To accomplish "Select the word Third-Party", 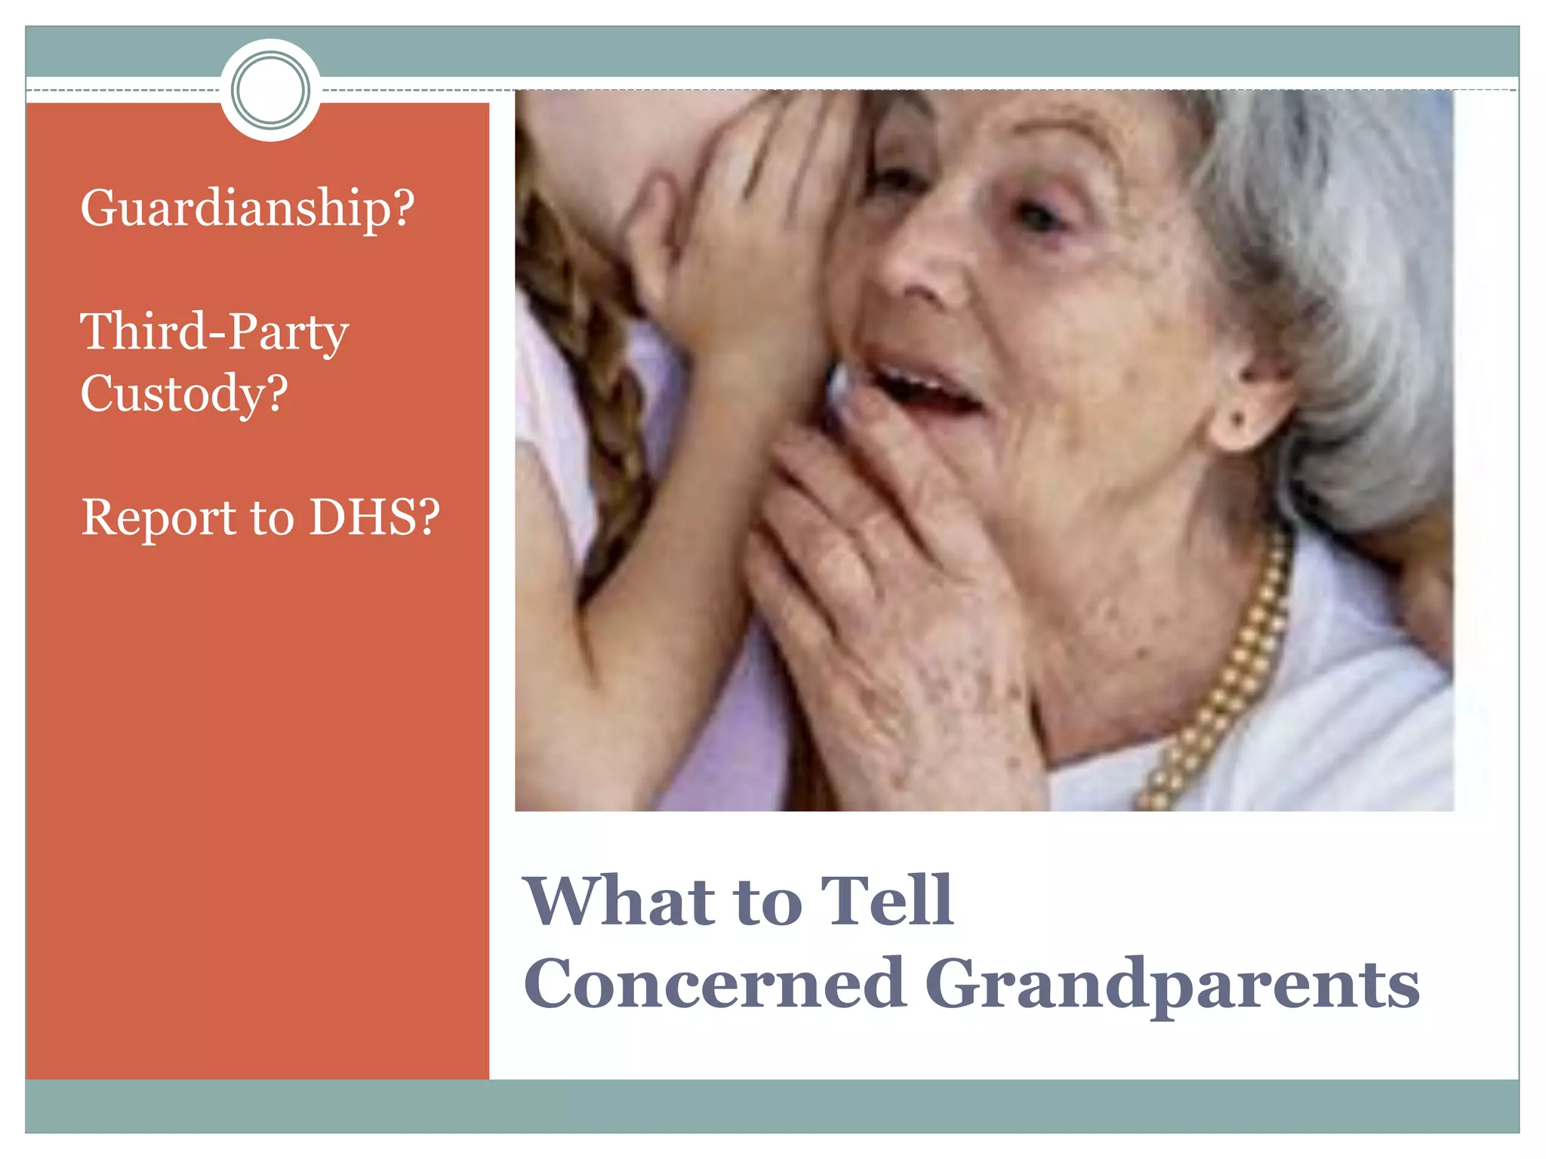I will tap(214, 332).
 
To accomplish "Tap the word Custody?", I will tap(184, 393).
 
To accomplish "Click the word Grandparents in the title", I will tap(1172, 985).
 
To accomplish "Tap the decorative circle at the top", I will tap(270, 91).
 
